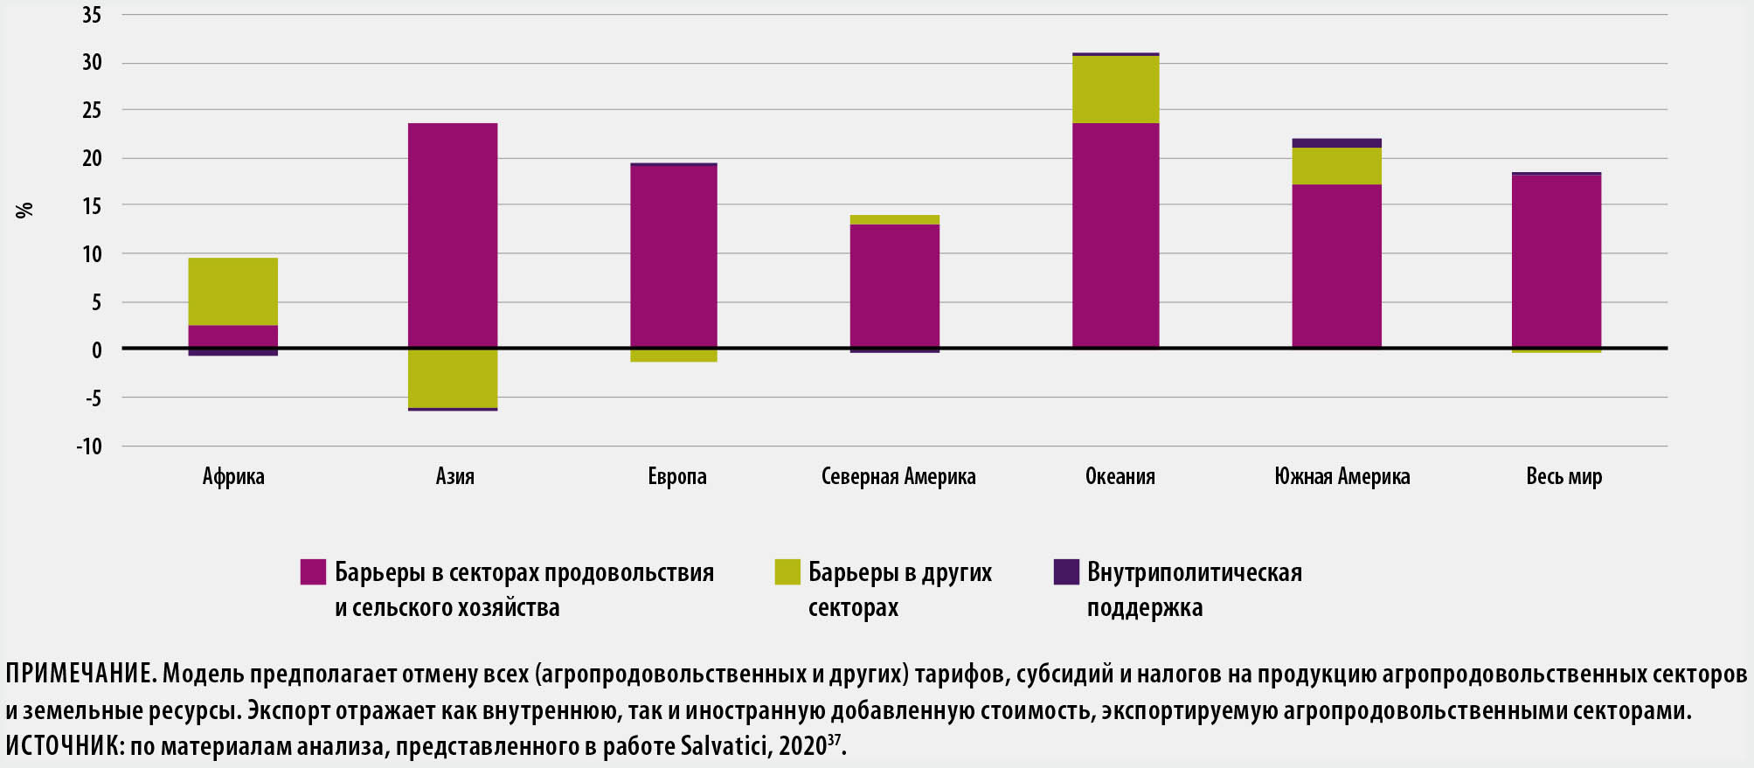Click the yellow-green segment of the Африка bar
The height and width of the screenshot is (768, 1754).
pyautogui.click(x=233, y=292)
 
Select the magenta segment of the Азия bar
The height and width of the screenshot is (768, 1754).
pyautogui.click(x=453, y=235)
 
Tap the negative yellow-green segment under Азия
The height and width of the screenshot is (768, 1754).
pyautogui.click(x=453, y=377)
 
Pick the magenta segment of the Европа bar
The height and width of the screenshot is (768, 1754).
pyautogui.click(x=674, y=256)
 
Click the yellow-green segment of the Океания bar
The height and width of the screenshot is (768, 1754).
pyautogui.click(x=1116, y=89)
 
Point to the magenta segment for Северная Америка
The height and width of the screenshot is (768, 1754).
pyautogui.click(x=895, y=286)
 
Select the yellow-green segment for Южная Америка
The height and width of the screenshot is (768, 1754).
pyautogui.click(x=1337, y=166)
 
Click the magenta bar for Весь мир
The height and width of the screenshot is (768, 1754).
pyautogui.click(x=1556, y=261)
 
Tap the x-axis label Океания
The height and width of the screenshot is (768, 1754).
pyautogui.click(x=1120, y=477)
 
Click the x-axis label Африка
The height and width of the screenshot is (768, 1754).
pyautogui.click(x=233, y=477)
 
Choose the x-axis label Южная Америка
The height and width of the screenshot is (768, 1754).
pyautogui.click(x=1342, y=477)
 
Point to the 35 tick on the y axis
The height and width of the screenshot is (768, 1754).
pyautogui.click(x=92, y=15)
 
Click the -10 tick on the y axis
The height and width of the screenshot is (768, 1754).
pyautogui.click(x=89, y=446)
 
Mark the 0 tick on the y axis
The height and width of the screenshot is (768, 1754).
pyautogui.click(x=97, y=350)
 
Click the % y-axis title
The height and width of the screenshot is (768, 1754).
pyautogui.click(x=24, y=210)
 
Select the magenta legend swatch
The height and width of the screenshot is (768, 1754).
pyautogui.click(x=313, y=572)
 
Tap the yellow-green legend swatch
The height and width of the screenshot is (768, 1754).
pyautogui.click(x=787, y=572)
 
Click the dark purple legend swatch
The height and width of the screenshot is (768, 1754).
pyautogui.click(x=1066, y=572)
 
